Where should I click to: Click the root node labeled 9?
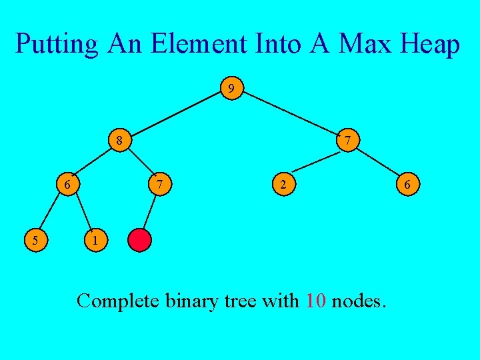click(x=231, y=88)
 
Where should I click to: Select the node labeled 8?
click(x=119, y=141)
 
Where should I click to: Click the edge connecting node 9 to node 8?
click(x=175, y=114)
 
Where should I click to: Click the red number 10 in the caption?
click(x=315, y=301)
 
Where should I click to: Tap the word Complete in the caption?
click(x=117, y=301)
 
